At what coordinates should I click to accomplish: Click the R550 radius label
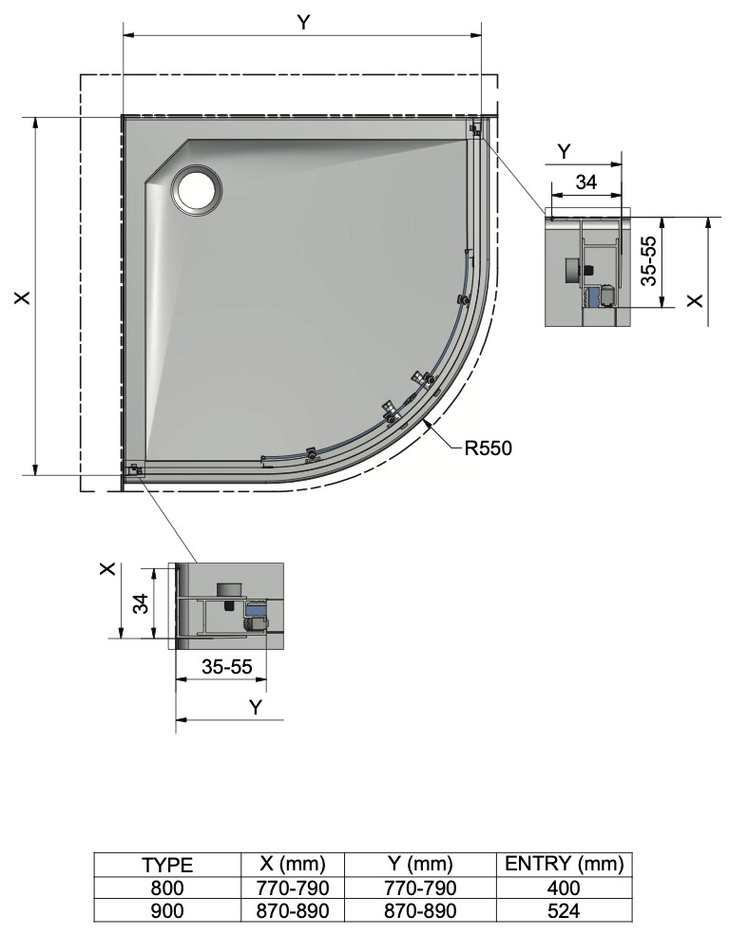[x=488, y=448]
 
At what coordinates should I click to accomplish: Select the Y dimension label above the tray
[x=303, y=23]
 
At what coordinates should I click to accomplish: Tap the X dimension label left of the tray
[x=23, y=297]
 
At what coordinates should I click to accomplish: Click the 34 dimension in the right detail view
[x=585, y=181]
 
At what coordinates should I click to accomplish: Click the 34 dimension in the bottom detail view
[x=142, y=603]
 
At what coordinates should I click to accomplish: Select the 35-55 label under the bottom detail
[x=227, y=667]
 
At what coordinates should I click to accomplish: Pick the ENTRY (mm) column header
[x=564, y=864]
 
